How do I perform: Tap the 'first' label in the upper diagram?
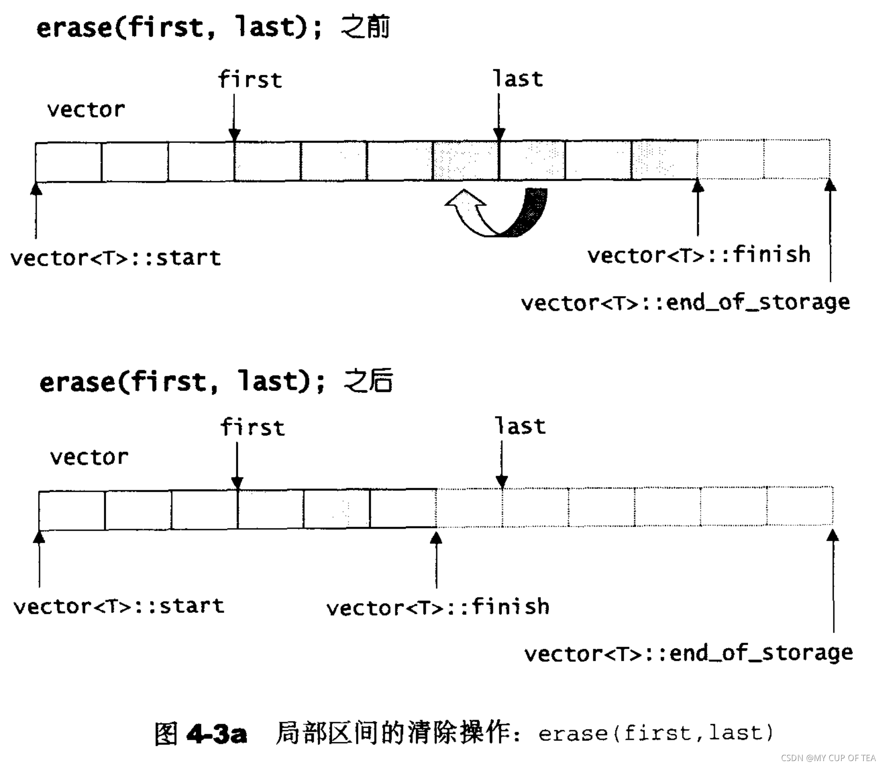[250, 80]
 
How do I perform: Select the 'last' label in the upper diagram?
[518, 79]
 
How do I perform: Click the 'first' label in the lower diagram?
[253, 427]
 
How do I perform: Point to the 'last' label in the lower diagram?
[520, 426]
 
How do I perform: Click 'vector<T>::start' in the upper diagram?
[116, 258]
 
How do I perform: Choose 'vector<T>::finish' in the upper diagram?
[699, 255]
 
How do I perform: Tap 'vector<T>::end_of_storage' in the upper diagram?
[685, 303]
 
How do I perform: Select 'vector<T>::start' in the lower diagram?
[119, 607]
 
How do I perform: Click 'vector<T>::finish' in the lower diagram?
[438, 607]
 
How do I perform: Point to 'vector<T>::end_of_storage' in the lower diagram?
[689, 654]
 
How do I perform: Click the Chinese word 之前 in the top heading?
[365, 27]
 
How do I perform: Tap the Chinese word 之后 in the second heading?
[368, 381]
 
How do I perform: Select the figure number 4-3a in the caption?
[217, 734]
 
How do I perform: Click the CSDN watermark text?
[828, 758]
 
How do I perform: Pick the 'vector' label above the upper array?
[86, 110]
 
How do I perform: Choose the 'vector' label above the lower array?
[89, 457]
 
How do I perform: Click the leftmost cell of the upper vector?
[69, 162]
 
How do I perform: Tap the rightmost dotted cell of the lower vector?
[800, 506]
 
